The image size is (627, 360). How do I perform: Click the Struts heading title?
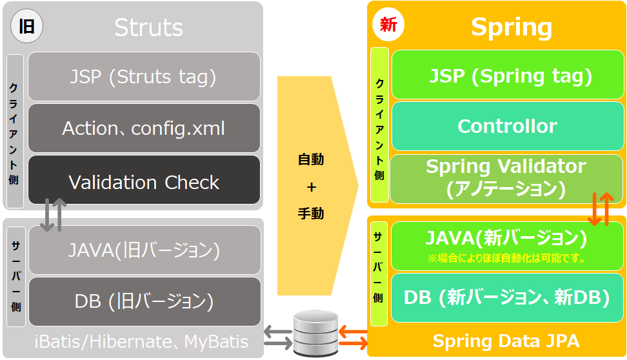[148, 28]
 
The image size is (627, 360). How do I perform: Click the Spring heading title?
[511, 27]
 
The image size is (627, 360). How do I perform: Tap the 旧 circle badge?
[26, 27]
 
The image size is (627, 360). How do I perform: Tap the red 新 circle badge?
[388, 26]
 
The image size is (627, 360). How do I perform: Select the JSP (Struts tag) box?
[144, 77]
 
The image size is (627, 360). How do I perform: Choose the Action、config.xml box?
[144, 128]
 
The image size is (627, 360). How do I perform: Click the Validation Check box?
[144, 182]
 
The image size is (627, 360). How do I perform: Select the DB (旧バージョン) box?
[144, 301]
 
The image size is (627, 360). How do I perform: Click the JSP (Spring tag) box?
[507, 75]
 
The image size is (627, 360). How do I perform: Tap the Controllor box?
[507, 126]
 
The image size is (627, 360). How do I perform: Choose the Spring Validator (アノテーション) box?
[506, 177]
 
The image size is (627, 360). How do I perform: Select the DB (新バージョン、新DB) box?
[507, 297]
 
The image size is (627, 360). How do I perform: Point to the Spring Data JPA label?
[506, 341]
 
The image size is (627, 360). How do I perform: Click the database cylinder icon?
[315, 332]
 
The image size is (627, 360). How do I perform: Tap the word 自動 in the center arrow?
[311, 159]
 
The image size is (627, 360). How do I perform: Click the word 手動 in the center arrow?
[311, 214]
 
